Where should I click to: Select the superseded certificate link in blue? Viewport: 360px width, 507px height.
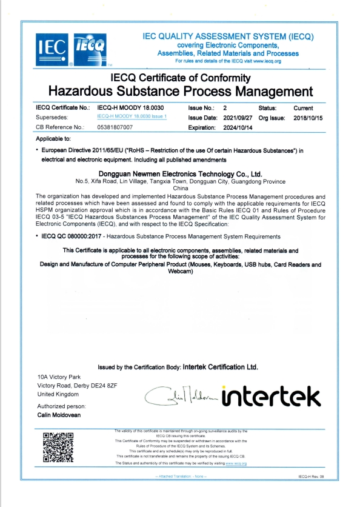point(131,116)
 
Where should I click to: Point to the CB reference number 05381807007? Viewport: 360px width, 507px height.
point(115,127)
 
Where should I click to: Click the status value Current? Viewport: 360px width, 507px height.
point(303,107)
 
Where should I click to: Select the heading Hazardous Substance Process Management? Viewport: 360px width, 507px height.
point(180,92)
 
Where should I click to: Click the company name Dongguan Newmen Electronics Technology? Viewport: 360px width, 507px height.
point(180,173)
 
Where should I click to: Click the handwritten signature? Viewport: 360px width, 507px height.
point(182,396)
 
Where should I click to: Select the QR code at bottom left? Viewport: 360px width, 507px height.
point(58,446)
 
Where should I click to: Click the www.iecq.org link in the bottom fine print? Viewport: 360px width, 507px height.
point(236,463)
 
